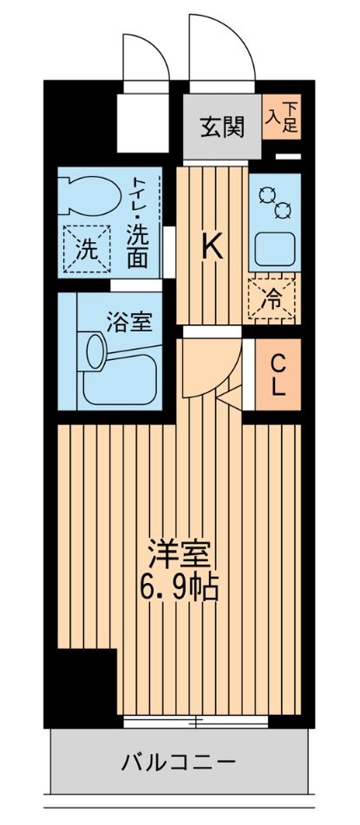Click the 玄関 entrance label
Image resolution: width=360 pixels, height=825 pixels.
pyautogui.click(x=222, y=127)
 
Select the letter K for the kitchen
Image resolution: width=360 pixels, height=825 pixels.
pyautogui.click(x=213, y=247)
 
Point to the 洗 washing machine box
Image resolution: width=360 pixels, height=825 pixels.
pyautogui.click(x=87, y=249)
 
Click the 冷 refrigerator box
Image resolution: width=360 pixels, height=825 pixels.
pyautogui.click(x=272, y=296)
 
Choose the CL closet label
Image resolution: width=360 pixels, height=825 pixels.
pyautogui.click(x=278, y=375)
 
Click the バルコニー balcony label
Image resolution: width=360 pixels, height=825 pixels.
pyautogui.click(x=179, y=763)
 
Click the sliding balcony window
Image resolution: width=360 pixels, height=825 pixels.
pyautogui.click(x=196, y=722)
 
